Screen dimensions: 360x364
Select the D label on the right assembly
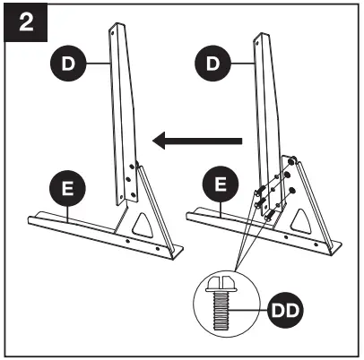pos(212,64)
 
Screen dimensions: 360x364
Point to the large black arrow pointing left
pos(196,139)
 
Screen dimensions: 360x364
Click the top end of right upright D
pos(262,38)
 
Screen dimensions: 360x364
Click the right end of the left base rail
pos(178,253)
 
